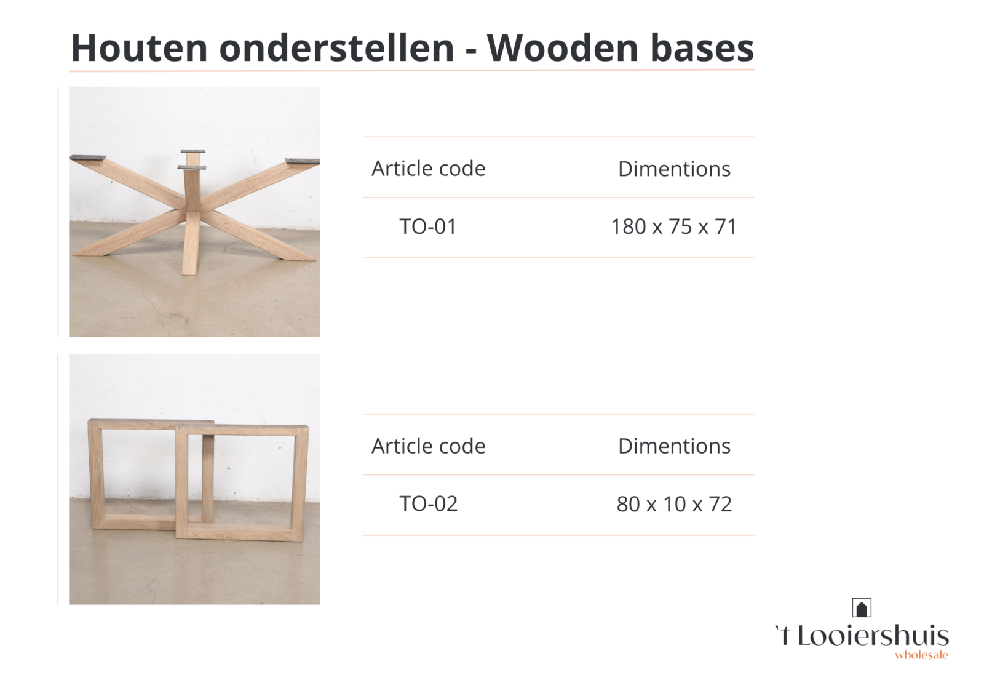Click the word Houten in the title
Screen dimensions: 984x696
[x=139, y=48]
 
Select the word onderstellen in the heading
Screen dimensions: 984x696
[x=336, y=48]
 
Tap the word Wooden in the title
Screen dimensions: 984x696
[x=563, y=48]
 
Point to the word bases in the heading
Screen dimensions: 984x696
[x=702, y=48]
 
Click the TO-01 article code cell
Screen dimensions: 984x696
[x=428, y=227]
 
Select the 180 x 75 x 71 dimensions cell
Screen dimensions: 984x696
[x=674, y=227]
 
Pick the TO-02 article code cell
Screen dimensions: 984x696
[x=428, y=504]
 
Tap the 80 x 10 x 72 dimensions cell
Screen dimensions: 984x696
[x=674, y=504]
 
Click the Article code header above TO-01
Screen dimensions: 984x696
[x=428, y=169]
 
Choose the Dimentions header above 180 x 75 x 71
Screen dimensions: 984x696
[x=674, y=169]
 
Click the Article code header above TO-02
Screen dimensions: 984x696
[x=428, y=446]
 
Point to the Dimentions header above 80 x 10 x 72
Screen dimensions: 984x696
[x=674, y=446]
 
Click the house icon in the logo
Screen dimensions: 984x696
[x=862, y=608]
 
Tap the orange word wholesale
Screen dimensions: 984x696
[x=922, y=655]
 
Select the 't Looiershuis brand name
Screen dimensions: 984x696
[x=862, y=636]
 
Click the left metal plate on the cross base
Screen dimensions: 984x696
[x=89, y=158]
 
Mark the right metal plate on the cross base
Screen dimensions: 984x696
[x=302, y=161]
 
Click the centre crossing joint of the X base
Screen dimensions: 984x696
[x=191, y=210]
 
